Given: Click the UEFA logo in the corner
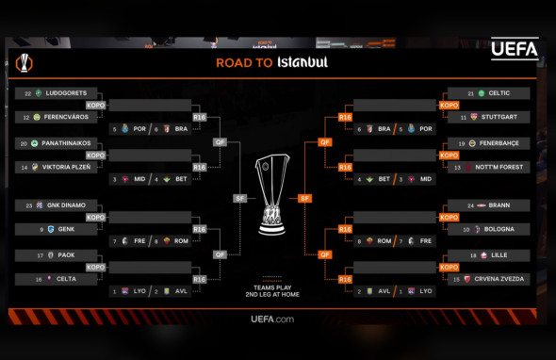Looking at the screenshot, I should tap(515, 49).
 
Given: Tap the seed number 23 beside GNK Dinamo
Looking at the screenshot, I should tap(28, 205).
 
